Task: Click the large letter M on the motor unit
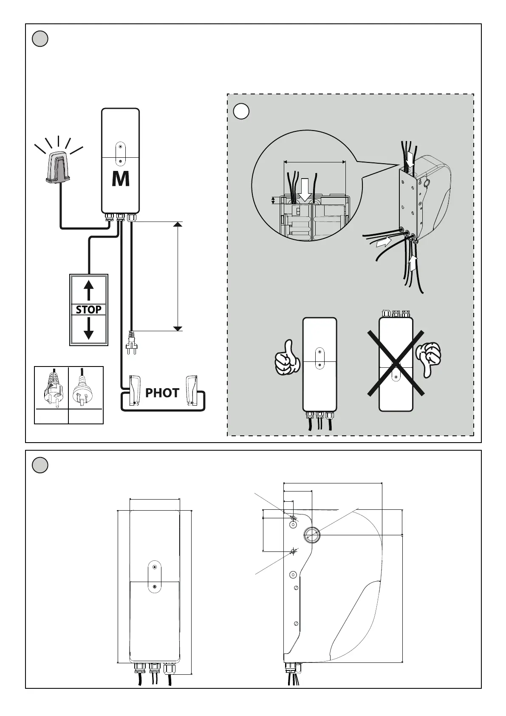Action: point(121,179)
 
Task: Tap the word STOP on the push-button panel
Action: point(88,310)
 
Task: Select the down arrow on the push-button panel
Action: point(88,329)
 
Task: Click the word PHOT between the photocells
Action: point(162,393)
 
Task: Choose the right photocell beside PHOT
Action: point(191,390)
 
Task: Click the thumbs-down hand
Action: point(428,358)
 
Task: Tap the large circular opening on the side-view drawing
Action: point(312,535)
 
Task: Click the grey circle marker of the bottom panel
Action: point(40,465)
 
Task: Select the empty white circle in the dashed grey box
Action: point(241,111)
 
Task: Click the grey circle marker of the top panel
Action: point(40,39)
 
